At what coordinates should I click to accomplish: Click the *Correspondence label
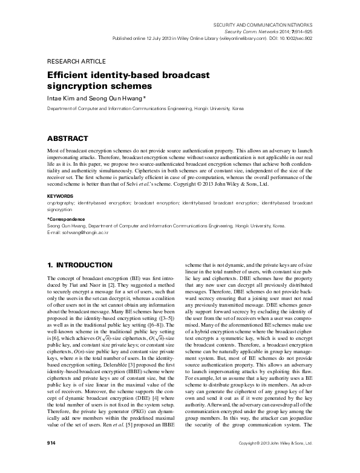pyautogui.click(x=67, y=219)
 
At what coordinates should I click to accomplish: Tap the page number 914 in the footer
pyautogui.click(x=51, y=461)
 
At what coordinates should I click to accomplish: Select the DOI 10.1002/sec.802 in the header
pyautogui.click(x=293, y=37)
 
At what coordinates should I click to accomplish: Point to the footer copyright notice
pyautogui.click(x=275, y=461)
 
